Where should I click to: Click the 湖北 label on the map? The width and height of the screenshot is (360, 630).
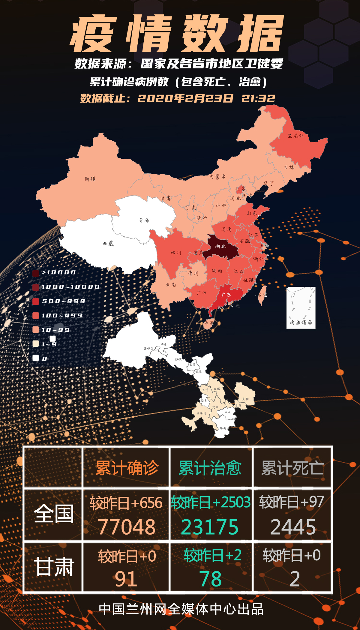tap(220, 247)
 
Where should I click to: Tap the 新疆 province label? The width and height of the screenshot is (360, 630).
tap(90, 179)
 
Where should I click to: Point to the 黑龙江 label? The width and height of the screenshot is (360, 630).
tap(296, 136)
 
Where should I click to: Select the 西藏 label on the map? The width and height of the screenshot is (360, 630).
tap(108, 244)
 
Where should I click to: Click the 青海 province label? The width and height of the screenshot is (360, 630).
tap(144, 220)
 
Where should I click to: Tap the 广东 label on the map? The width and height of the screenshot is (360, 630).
tap(226, 295)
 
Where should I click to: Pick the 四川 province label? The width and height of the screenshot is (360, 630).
tap(176, 253)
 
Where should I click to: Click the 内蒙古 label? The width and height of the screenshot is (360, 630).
tap(217, 177)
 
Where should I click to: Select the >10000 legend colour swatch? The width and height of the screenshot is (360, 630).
tap(36, 273)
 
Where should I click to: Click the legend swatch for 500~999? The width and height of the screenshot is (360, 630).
tap(36, 301)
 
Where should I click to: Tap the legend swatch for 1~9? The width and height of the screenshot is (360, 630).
tap(36, 344)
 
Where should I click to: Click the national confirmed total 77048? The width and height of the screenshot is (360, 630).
tap(127, 527)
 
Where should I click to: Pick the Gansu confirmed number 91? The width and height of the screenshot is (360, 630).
tap(126, 579)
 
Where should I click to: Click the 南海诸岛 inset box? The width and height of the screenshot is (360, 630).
tap(301, 308)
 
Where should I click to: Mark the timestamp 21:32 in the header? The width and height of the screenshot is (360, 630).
tap(258, 98)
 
